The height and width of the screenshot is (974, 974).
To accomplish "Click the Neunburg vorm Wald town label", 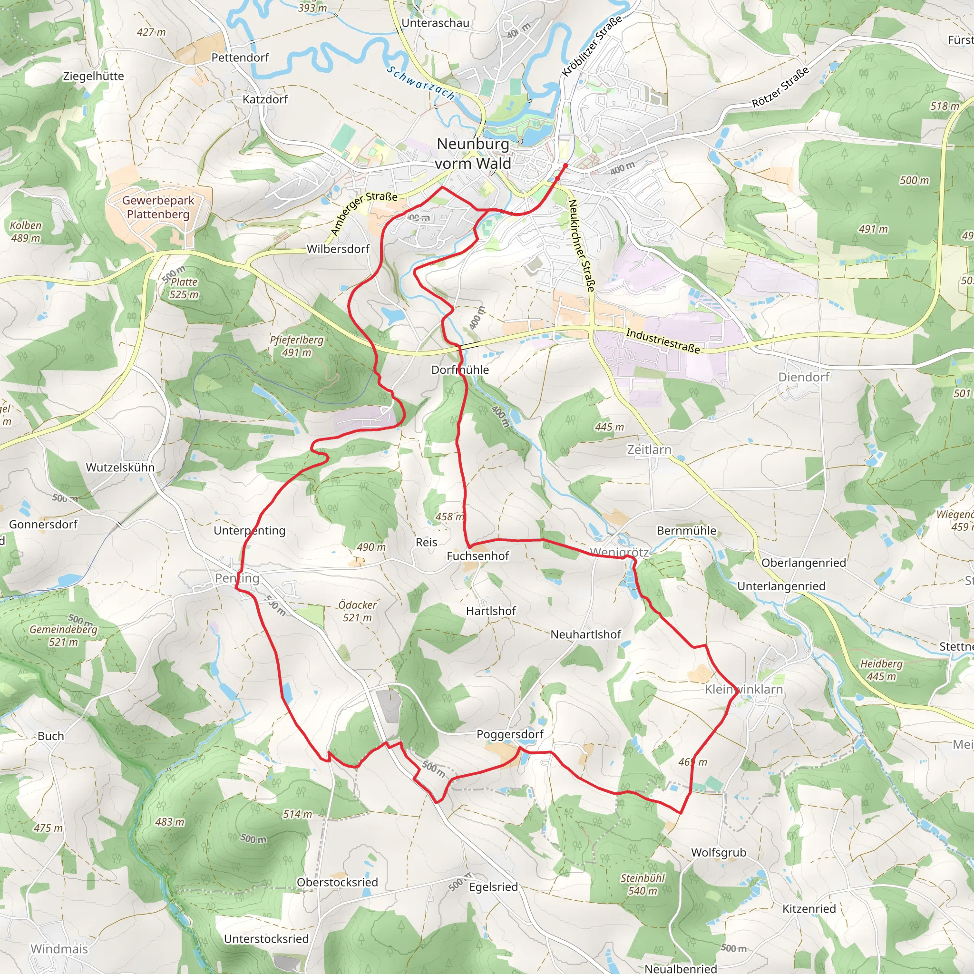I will click(x=472, y=154).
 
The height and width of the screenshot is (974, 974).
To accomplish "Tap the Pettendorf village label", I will click(x=240, y=58).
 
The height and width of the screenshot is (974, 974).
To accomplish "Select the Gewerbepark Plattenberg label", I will click(x=158, y=207).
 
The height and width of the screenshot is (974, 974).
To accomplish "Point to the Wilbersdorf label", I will click(x=338, y=249).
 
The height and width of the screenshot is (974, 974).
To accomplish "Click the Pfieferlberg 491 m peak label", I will click(x=296, y=346).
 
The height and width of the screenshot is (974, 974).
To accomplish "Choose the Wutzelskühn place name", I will click(x=120, y=468).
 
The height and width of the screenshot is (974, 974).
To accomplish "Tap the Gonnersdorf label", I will click(x=43, y=524).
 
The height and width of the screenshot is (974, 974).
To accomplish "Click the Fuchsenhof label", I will click(x=477, y=556).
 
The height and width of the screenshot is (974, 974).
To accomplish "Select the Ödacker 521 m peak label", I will click(x=358, y=611).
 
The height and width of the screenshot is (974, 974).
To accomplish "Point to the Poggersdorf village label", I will click(x=510, y=734).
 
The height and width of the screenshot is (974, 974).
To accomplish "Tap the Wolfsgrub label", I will click(x=719, y=853).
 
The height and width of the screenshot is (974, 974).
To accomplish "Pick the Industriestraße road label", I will click(x=662, y=341).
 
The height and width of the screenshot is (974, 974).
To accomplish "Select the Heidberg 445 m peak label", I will click(x=881, y=670).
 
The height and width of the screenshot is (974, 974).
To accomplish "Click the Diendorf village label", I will click(x=804, y=377).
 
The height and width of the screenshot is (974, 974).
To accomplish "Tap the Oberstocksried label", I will click(x=337, y=882).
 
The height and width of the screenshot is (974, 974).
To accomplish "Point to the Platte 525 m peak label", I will click(x=184, y=288).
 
